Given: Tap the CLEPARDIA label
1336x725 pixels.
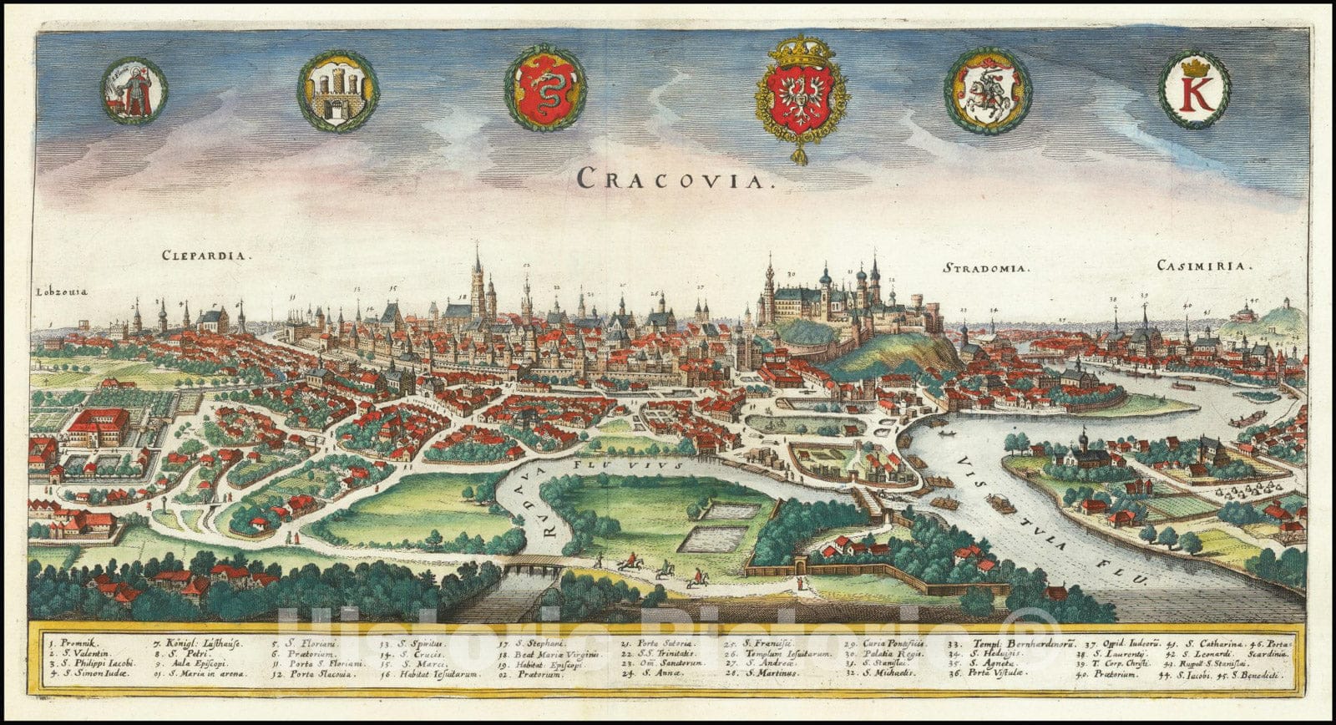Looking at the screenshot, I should coord(205,257).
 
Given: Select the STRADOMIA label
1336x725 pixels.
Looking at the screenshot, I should coord(986,268).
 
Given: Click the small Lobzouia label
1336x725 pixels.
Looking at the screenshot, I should coord(61,292).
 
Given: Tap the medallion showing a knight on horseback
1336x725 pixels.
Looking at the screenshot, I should coord(988,90).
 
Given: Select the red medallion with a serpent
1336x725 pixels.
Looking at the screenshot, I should coord(545,88).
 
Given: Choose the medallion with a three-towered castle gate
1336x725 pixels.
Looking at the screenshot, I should coord(337,90).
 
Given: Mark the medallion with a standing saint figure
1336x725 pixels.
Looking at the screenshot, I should coord(134,90).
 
